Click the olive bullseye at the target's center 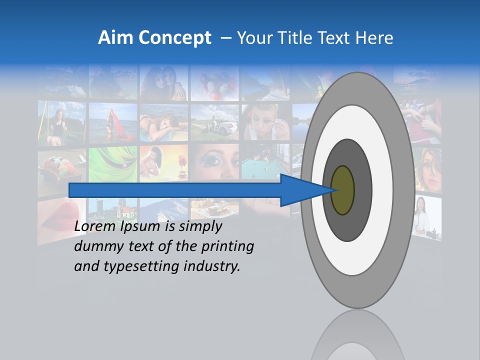[342, 190]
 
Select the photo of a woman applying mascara [265, 122]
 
